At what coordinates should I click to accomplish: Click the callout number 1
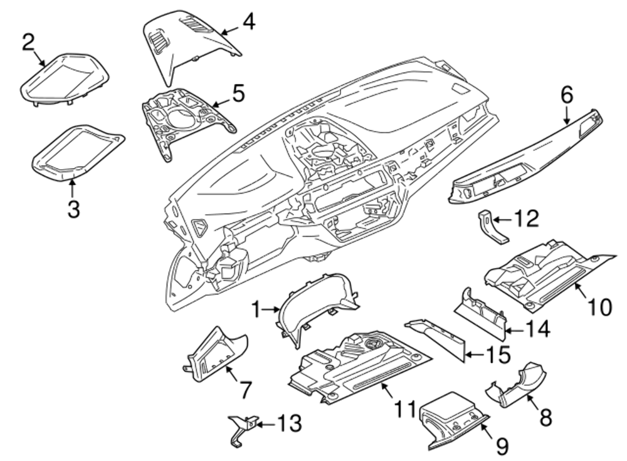[x=256, y=308]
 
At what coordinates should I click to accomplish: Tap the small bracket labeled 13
[x=240, y=430]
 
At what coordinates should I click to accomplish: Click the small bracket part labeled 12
[x=491, y=228]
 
